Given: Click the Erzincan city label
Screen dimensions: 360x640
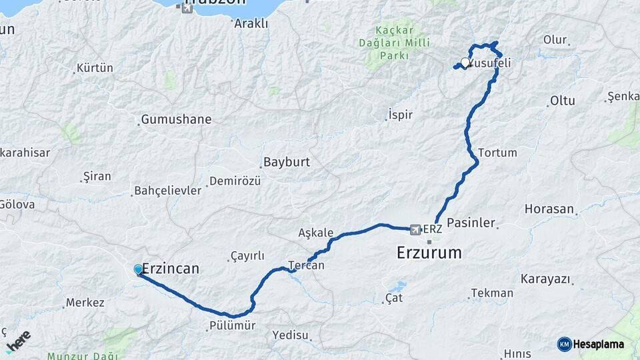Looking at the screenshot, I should coord(171,269).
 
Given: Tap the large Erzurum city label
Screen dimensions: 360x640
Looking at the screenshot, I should coord(429,253).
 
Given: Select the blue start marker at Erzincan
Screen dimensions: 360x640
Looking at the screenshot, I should coord(139,269).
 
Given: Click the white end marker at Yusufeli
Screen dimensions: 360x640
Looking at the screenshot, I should coord(465,63).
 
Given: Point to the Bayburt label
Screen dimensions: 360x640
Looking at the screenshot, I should coord(287,162).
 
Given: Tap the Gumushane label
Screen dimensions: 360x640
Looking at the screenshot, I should coord(177,120).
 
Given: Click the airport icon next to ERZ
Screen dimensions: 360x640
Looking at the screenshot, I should coord(417,229).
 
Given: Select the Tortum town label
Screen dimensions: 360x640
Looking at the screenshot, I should coord(497,153).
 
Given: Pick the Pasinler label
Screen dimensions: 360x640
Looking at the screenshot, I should coord(471,223).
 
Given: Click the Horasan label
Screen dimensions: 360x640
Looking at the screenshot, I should coord(549,209).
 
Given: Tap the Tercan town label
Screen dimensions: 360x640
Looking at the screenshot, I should coord(306,265).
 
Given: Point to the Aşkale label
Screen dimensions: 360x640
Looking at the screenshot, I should coord(316,233).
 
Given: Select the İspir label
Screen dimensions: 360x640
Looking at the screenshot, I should coord(401,115).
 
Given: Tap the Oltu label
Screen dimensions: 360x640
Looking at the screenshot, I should coord(562,101).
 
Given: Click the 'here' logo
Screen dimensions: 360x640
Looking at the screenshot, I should coord(18,340).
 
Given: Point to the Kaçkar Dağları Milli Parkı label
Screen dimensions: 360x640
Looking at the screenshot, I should coord(394,43).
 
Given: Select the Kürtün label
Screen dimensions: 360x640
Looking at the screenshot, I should coord(95,68).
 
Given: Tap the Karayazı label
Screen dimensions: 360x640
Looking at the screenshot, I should coord(546,279).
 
